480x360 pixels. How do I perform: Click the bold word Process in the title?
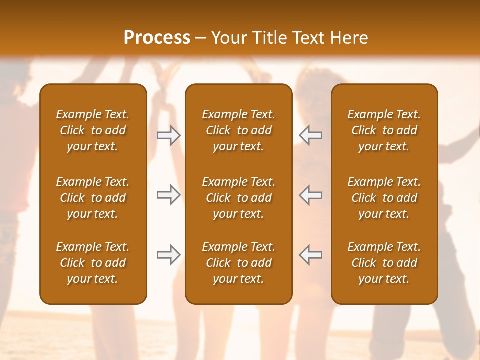point(157,38)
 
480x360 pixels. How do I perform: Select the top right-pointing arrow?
point(169,135)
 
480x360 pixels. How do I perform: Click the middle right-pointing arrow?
point(169,195)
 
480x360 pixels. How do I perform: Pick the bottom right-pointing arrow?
point(169,255)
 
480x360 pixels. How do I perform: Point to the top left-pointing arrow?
point(310,135)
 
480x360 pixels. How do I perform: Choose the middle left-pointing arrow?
point(310,195)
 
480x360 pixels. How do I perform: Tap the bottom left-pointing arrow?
point(310,255)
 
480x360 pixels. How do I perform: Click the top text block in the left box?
point(93,130)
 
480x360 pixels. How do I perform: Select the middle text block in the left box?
point(93,198)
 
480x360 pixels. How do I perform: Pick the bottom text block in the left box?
point(93,263)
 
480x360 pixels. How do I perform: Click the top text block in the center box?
point(238,130)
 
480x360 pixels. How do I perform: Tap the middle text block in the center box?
point(238,198)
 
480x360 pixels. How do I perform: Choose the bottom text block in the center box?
point(238,263)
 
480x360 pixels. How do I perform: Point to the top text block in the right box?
point(384,130)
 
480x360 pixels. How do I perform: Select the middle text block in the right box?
point(384,198)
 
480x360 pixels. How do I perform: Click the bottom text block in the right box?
point(384,263)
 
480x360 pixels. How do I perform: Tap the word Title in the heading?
point(269,38)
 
